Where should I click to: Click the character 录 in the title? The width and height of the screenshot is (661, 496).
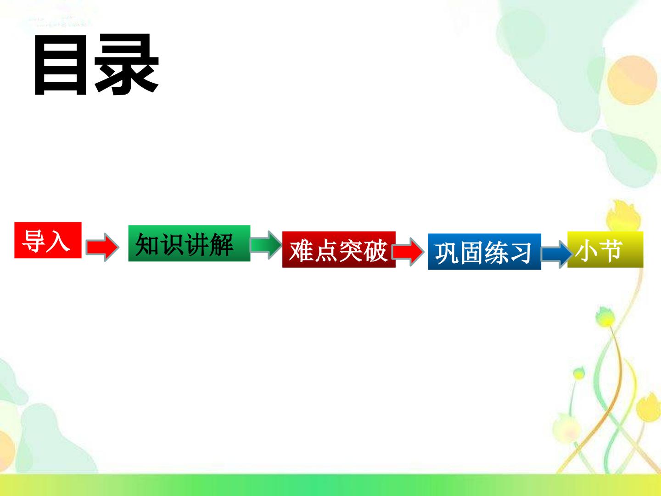point(127,64)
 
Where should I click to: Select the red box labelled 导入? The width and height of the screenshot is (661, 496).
point(48,240)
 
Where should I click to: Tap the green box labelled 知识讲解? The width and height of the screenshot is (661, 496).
point(189,243)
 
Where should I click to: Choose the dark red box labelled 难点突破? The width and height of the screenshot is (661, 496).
point(339,249)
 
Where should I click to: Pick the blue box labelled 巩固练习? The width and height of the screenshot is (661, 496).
point(484,252)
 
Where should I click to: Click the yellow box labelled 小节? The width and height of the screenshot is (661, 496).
point(605,249)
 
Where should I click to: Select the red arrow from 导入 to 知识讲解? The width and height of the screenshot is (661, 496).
point(102,247)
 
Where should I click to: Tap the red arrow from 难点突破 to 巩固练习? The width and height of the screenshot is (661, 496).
point(409,252)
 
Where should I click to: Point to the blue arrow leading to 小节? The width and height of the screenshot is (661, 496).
point(556,254)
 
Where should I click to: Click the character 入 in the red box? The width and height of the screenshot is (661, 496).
point(58,241)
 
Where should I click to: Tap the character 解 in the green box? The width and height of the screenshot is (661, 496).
point(221,245)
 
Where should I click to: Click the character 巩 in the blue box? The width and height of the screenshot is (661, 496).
point(447,253)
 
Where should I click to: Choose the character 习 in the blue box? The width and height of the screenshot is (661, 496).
point(521,253)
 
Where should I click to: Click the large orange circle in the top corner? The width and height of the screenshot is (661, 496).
point(632,80)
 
